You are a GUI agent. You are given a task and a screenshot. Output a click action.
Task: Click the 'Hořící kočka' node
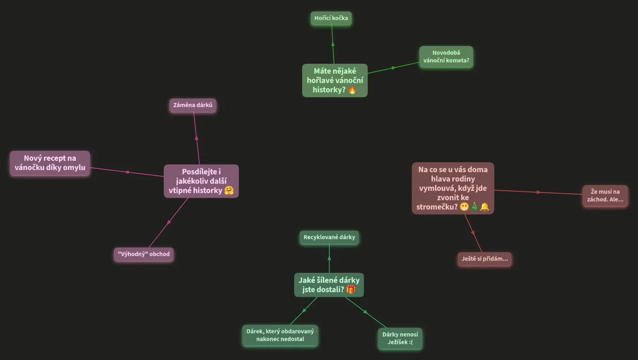tap(331, 18)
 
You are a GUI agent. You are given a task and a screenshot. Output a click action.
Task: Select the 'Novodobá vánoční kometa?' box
tap(446, 57)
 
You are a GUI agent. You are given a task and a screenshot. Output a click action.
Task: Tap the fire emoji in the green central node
tap(352, 90)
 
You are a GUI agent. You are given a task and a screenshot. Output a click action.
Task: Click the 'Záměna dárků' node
tap(193, 105)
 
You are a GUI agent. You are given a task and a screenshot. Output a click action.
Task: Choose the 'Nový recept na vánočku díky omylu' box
tap(50, 163)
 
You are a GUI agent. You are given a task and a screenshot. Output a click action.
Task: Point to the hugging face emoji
tap(229, 190)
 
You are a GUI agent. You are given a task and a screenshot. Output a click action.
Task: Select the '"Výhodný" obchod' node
tap(144, 254)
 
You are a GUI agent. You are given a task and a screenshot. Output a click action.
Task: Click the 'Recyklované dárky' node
tap(329, 237)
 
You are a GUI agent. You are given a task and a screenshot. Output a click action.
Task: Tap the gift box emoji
tap(351, 289)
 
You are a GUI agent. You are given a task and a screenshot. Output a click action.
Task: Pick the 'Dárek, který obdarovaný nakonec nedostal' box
tap(280, 335)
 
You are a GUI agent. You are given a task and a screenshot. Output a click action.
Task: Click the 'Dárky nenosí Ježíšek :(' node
tap(400, 338)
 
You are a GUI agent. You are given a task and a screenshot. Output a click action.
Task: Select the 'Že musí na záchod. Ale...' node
tap(605, 195)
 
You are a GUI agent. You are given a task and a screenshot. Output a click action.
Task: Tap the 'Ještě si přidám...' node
tap(485, 259)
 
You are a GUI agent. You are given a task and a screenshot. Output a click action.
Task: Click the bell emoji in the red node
tap(485, 207)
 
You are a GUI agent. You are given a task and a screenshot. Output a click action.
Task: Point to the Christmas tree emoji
tap(475, 207)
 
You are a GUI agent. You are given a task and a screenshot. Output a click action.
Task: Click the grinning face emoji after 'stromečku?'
tap(464, 207)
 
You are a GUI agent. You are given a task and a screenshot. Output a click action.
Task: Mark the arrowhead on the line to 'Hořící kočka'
tap(333, 44)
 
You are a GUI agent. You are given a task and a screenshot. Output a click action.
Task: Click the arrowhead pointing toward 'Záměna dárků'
tap(197, 138)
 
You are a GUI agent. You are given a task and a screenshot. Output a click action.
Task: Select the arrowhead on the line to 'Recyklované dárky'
tap(329, 258)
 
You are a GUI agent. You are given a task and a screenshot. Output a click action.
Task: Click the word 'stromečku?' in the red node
tap(437, 207)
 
